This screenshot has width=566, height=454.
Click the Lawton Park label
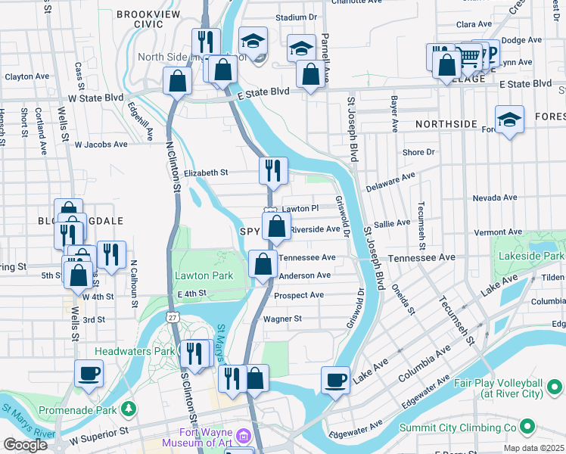pos(204,275)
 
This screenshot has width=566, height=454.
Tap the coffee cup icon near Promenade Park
pos(89,372)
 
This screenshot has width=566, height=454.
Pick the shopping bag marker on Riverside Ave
pos(277,225)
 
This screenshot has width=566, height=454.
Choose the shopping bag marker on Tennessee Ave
pos(263,265)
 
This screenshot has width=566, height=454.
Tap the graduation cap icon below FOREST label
pos(509,120)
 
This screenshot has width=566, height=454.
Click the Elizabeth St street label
pos(206,173)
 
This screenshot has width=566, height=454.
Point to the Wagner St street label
pos(282,319)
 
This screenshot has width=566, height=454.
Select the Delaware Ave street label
pos(390,181)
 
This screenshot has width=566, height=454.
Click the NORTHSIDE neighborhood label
pos(446,123)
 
